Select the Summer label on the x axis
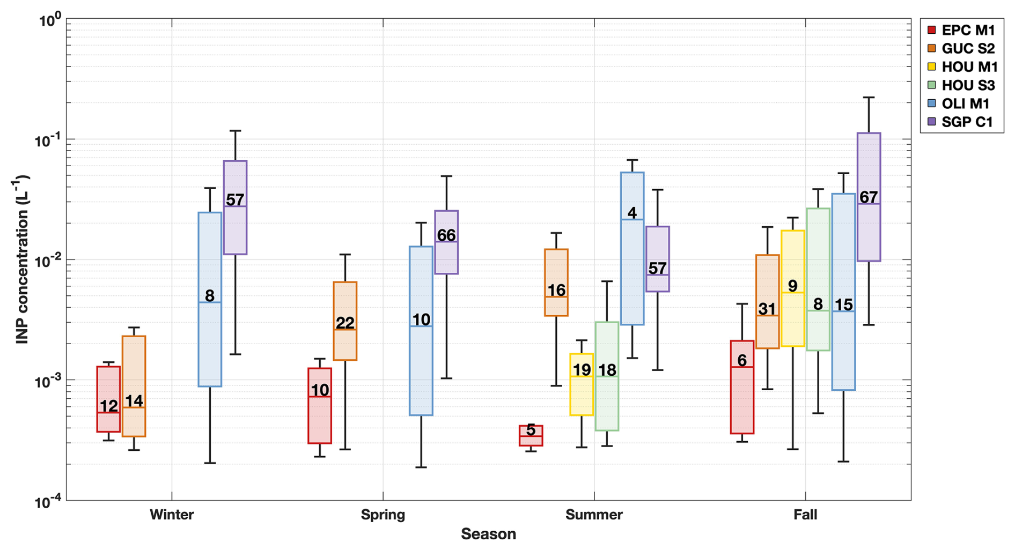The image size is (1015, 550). coord(594,515)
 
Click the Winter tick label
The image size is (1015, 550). coord(172,515)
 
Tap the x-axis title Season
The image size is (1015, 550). coord(488,534)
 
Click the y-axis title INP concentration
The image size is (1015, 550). coord(22,259)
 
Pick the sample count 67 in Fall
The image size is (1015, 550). coord(869,197)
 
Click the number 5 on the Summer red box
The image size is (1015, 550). coord(531,430)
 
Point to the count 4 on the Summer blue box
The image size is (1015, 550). coord(632,213)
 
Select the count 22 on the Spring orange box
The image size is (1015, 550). coord(345,323)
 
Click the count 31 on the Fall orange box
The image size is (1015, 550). coord(767,309)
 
